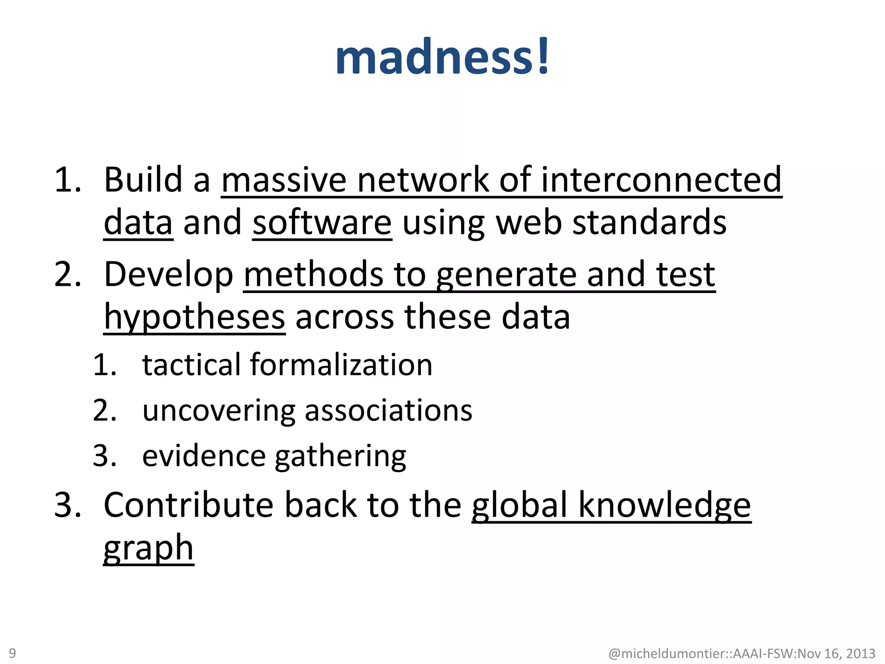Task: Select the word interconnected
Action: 661,179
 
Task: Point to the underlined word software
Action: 322,222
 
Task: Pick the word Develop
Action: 169,275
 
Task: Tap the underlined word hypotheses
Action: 194,317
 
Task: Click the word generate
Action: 506,275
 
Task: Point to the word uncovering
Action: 219,410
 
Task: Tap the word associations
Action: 388,410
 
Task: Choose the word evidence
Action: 204,456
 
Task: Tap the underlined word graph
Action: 148,548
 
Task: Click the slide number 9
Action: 13,653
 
